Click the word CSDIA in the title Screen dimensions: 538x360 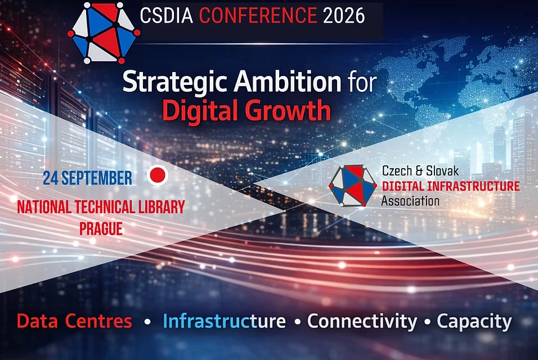pos(167,16)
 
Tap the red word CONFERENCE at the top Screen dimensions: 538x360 pos(258,16)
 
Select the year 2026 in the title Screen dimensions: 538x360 pos(344,16)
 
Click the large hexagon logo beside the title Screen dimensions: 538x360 pos(104,33)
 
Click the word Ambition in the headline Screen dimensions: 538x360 pos(288,82)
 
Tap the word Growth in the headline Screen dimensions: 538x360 pos(289,110)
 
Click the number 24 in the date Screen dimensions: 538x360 pos(51,178)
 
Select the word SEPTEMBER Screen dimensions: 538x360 pos(97,178)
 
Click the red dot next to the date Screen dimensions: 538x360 pos(158,175)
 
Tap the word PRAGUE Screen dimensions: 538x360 pos(101,229)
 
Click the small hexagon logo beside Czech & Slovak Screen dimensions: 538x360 pos(353,186)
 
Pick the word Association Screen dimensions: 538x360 pos(410,201)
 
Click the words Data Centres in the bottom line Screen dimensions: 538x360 pos(74,321)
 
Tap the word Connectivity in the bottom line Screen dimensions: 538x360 pos(362,322)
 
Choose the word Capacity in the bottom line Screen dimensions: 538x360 pos(474,322)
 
